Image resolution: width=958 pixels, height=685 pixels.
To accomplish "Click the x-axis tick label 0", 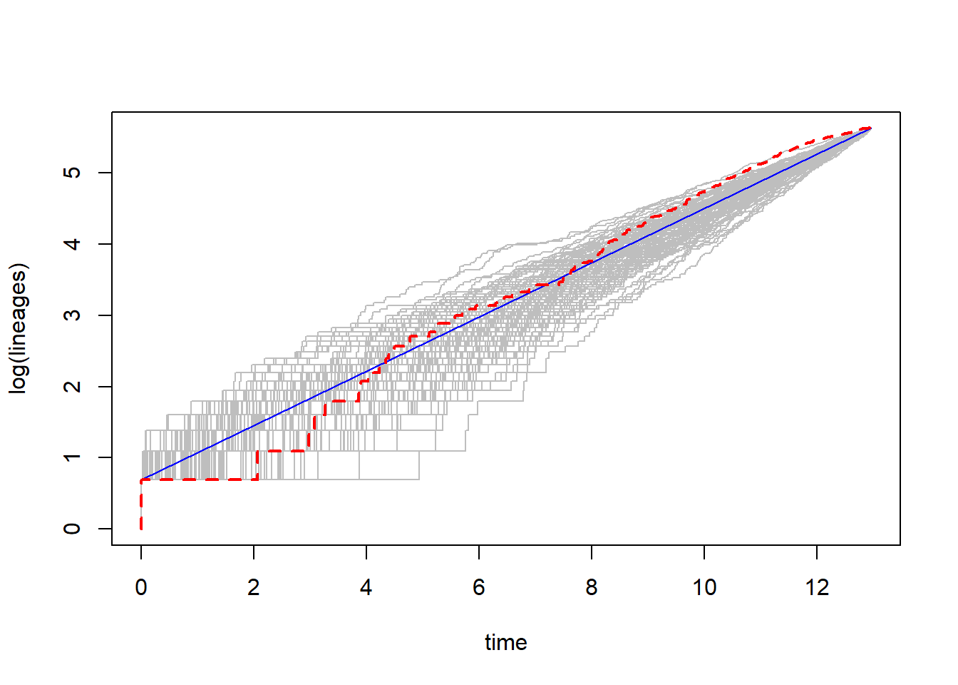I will [x=141, y=587].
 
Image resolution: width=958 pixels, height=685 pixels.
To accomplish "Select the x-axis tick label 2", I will [x=254, y=587].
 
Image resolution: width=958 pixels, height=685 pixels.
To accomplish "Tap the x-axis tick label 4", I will [x=366, y=587].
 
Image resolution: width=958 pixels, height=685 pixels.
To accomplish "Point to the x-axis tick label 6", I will [x=479, y=587].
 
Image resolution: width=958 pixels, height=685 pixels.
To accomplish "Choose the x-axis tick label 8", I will [x=592, y=587].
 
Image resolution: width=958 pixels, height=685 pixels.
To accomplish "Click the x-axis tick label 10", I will [x=704, y=587].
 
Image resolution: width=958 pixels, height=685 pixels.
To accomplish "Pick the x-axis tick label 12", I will [x=817, y=587].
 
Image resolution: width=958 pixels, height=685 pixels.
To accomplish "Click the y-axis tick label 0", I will [x=72, y=529].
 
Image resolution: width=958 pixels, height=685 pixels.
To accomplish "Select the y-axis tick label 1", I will [x=72, y=457].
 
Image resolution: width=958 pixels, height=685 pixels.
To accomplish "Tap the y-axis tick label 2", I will [x=72, y=387].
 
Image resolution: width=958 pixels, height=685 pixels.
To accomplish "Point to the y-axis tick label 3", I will [x=72, y=315].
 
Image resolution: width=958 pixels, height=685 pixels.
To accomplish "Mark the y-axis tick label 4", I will [x=72, y=244].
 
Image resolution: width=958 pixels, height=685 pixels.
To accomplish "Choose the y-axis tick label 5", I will [x=72, y=173].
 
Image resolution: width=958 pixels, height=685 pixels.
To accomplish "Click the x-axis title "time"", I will [x=506, y=642].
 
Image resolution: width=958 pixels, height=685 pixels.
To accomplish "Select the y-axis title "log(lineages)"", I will [x=19, y=328].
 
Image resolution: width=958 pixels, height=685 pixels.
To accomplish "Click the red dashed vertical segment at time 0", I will [x=141, y=505].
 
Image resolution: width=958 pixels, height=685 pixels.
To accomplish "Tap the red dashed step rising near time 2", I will [x=257, y=465].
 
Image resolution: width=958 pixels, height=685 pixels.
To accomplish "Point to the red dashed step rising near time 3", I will [x=309, y=439].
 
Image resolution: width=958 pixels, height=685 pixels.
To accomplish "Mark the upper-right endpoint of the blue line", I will [x=870, y=128].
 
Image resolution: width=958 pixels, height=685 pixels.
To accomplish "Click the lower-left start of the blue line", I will [x=142, y=479].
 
